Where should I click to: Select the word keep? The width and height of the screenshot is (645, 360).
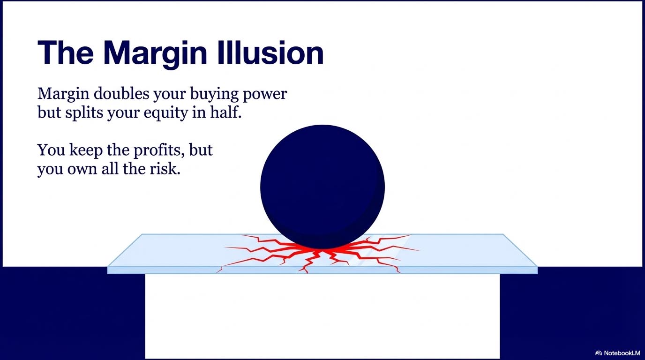point(83,150)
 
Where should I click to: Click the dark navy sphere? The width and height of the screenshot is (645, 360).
point(322,187)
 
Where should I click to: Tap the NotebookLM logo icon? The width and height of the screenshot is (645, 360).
point(598,352)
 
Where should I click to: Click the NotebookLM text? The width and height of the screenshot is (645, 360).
point(622,352)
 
